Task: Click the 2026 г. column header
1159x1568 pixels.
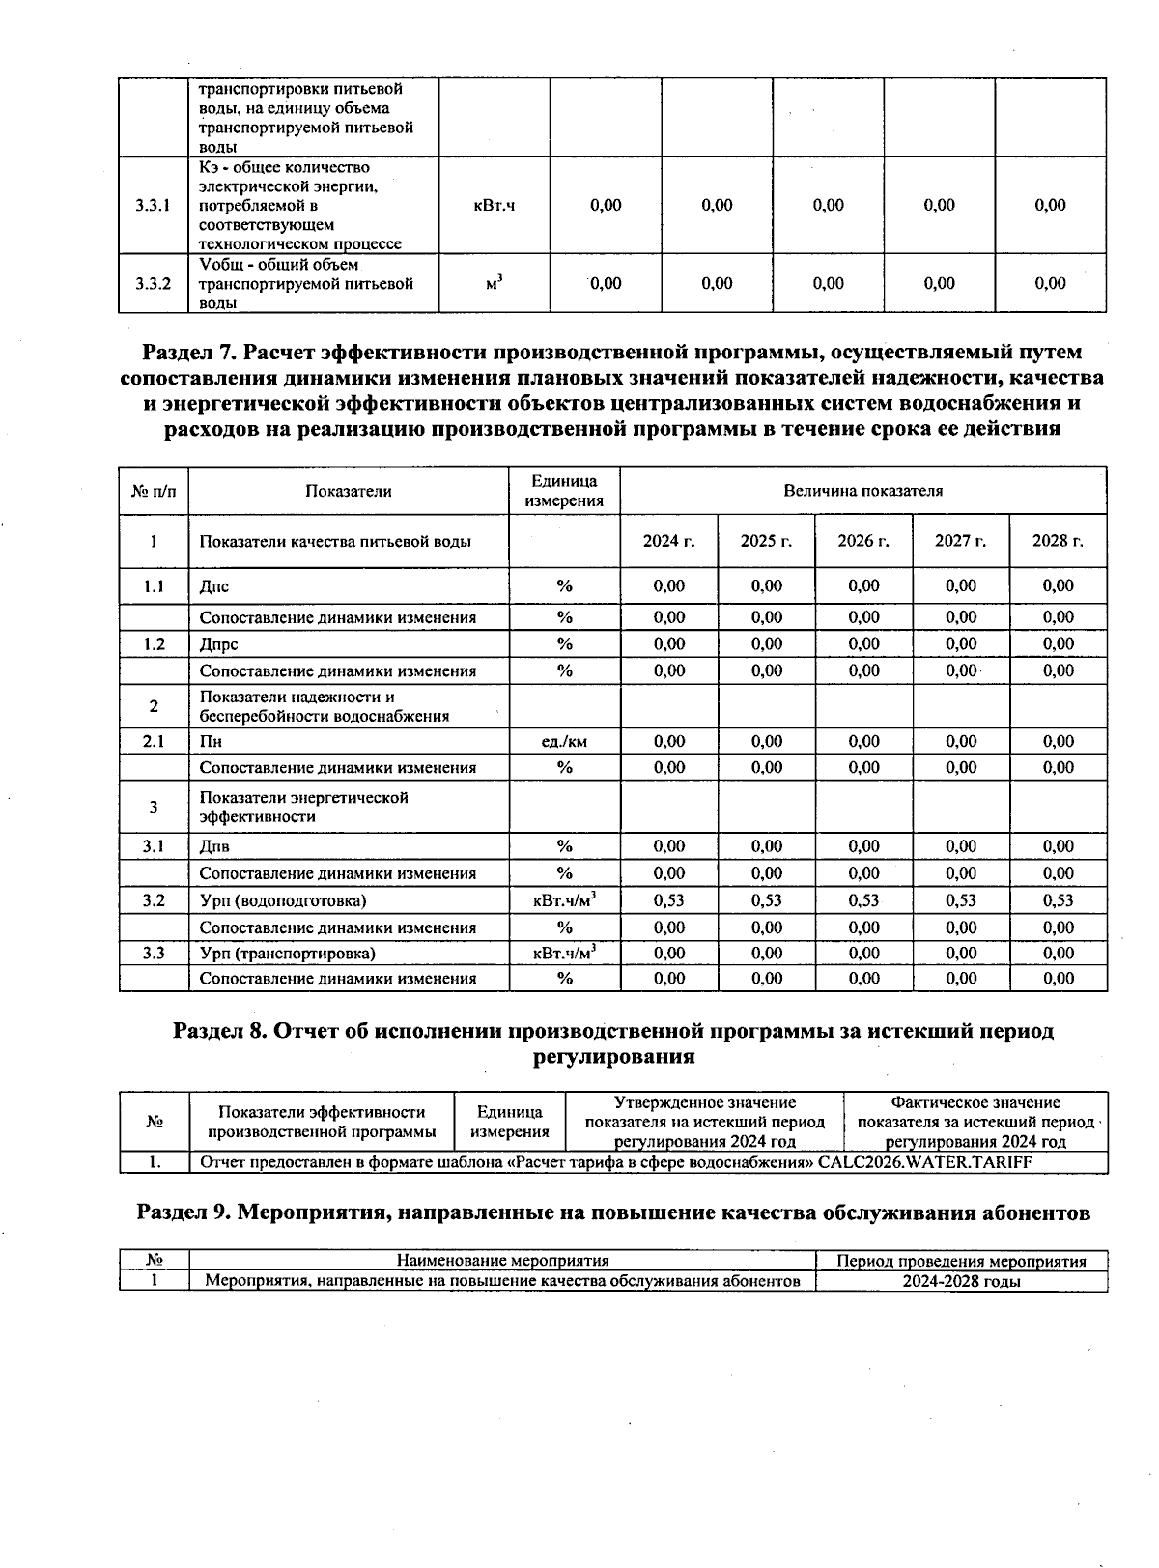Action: pos(863,541)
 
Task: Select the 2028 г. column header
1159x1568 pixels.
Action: pos(1058,541)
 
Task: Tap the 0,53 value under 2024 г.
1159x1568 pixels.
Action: pos(668,900)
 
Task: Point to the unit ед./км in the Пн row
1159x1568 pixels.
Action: pos(564,741)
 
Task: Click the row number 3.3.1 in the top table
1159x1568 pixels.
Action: pos(153,205)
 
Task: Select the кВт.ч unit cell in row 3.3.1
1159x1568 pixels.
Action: pos(495,205)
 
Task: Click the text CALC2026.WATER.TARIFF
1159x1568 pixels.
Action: pos(924,1162)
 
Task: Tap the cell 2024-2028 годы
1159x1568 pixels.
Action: pos(961,1281)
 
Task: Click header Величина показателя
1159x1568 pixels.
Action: pos(862,490)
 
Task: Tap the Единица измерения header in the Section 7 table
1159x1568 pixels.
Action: pos(564,490)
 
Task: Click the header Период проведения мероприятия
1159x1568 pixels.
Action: pos(961,1261)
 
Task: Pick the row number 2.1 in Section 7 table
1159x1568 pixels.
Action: pos(153,741)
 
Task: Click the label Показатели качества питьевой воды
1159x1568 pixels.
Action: pos(335,541)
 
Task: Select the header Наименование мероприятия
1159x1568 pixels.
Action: pos(502,1261)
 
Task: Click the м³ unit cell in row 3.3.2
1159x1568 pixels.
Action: pos(495,283)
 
